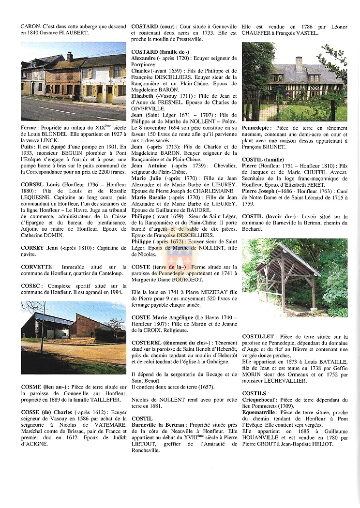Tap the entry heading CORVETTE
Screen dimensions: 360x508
click(37, 267)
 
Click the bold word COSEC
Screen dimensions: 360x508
click(31, 285)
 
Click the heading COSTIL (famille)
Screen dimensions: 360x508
click(263, 160)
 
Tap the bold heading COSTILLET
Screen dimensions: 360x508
click(258, 336)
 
